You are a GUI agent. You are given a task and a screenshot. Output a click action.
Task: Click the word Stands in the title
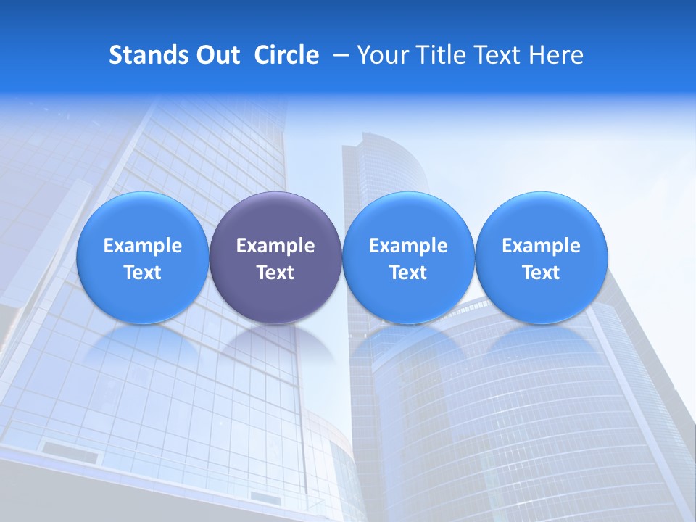click(x=149, y=55)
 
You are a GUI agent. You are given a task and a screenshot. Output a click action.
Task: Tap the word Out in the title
click(x=219, y=55)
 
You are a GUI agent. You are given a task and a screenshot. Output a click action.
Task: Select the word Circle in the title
click(x=286, y=55)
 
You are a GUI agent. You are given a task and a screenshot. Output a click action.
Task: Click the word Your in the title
click(x=380, y=55)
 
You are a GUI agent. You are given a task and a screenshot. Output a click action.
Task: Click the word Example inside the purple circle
click(x=275, y=246)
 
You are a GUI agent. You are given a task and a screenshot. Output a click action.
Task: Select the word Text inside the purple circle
click(x=275, y=273)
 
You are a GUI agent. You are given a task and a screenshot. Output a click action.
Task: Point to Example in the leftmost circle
click(x=142, y=246)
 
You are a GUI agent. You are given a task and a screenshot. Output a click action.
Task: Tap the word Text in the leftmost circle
click(x=142, y=273)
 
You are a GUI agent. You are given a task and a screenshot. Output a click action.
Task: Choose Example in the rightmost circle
click(x=542, y=246)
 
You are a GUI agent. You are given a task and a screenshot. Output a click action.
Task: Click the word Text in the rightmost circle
click(x=542, y=273)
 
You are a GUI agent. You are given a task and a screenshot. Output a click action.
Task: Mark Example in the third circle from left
click(x=408, y=246)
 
